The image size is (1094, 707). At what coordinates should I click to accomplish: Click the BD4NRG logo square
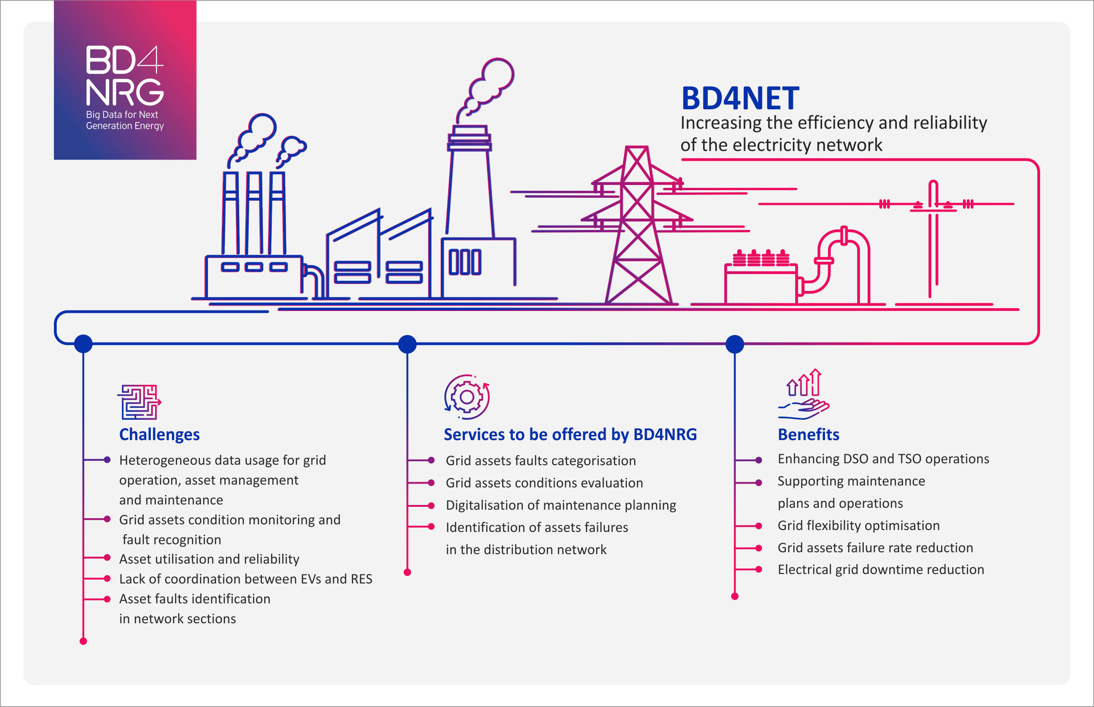click(x=125, y=80)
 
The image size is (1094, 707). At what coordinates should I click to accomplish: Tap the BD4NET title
click(x=740, y=98)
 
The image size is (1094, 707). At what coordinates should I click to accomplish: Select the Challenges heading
click(x=159, y=434)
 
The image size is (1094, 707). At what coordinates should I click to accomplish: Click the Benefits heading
click(x=808, y=434)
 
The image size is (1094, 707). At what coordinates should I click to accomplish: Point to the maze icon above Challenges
click(x=139, y=402)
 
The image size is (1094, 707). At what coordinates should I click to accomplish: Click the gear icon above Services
click(x=467, y=397)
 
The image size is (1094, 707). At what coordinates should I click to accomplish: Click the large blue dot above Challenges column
click(x=83, y=344)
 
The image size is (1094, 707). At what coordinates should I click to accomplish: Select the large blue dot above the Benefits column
click(x=735, y=344)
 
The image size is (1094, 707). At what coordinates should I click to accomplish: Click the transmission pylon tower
click(x=638, y=227)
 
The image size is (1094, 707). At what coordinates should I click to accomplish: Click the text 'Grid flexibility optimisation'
click(x=859, y=525)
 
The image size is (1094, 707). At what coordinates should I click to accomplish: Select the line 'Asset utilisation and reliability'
click(x=209, y=559)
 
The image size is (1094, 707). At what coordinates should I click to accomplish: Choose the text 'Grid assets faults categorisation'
click(x=540, y=460)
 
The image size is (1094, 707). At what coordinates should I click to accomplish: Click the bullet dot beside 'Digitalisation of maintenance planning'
click(x=431, y=505)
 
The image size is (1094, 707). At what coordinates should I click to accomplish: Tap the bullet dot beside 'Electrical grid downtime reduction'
click(x=759, y=569)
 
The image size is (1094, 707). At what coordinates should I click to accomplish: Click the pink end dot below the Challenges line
click(x=83, y=641)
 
